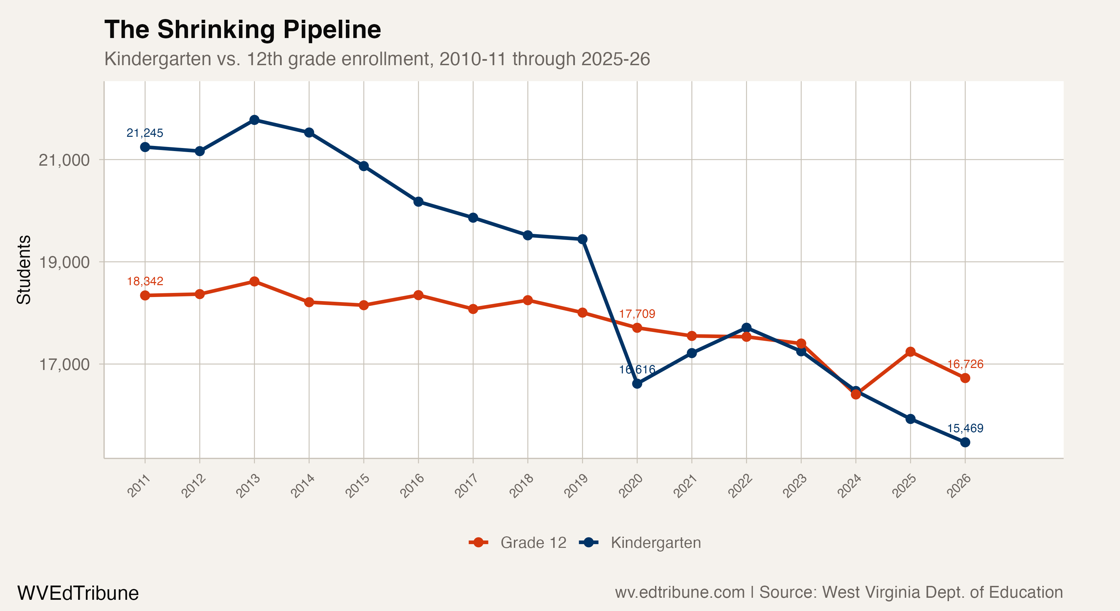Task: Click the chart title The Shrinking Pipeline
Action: click(x=243, y=30)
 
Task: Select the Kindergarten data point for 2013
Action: click(x=254, y=120)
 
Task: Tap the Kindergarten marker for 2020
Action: click(x=637, y=384)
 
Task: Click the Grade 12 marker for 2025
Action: click(x=911, y=352)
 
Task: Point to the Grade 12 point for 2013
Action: click(x=254, y=281)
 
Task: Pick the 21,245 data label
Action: click(x=145, y=133)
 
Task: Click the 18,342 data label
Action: click(x=145, y=281)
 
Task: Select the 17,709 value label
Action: click(x=637, y=314)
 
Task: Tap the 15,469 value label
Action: click(x=965, y=428)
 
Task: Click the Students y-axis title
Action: click(x=24, y=270)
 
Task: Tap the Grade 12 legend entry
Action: click(x=518, y=543)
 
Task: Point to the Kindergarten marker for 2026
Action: click(x=965, y=442)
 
